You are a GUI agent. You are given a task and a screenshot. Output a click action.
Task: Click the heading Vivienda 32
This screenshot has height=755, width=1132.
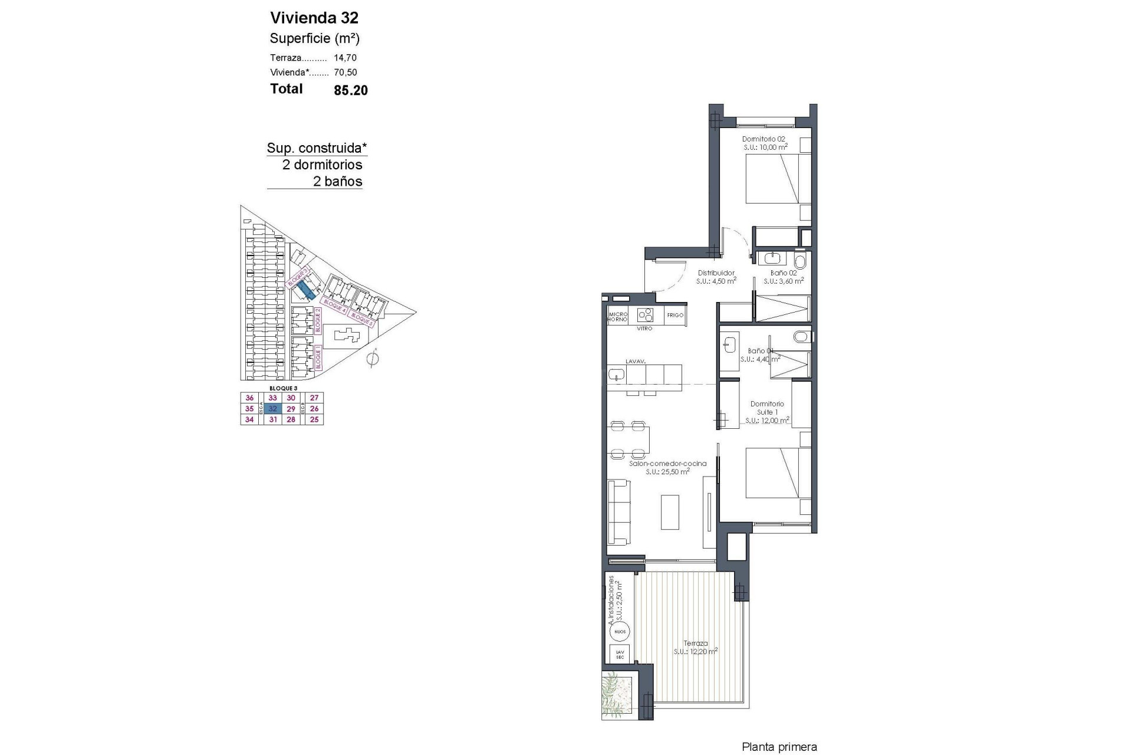pos(314,18)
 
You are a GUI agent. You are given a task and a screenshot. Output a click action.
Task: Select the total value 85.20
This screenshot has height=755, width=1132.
pos(351,90)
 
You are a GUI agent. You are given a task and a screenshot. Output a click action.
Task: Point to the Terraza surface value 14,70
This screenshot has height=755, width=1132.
pos(345,58)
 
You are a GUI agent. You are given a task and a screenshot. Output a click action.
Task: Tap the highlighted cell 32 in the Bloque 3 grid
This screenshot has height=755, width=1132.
pos(272,409)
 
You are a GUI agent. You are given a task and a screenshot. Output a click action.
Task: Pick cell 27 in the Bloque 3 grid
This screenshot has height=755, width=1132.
pos(314,398)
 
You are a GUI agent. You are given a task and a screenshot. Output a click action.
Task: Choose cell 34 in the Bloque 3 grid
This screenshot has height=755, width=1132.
pos(249,419)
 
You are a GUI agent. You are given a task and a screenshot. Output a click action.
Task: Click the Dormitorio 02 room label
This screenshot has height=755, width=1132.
pos(764,139)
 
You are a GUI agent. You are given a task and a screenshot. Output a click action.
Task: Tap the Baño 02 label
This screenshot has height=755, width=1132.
pos(784,273)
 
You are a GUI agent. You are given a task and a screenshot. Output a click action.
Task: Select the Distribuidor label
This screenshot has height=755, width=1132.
pos(716,273)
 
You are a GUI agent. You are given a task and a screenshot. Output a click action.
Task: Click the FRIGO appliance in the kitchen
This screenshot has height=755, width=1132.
pos(675,315)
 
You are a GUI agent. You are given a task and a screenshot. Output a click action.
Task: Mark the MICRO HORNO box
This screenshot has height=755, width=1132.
pos(618,316)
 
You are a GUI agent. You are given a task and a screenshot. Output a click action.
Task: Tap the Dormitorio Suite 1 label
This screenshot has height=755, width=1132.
pos(767,408)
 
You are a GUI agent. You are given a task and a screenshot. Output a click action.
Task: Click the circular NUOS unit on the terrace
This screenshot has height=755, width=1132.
pos(620,631)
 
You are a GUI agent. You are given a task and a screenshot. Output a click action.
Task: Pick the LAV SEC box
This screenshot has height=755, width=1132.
pos(620,654)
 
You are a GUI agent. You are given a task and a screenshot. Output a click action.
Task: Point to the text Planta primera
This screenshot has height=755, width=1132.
pos(779,747)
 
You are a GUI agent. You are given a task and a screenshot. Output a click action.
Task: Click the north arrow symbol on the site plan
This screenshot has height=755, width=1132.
pos(372,358)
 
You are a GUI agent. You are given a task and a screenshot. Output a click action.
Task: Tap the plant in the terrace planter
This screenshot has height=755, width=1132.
pos(616,692)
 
